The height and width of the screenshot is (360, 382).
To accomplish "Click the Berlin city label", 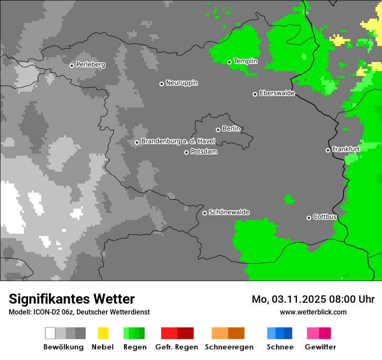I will coord(231,129).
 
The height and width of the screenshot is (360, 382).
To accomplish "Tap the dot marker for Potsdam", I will coord(186,152).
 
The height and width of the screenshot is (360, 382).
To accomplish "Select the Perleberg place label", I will coord(90,65).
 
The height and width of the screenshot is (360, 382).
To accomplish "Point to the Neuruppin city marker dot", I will coord(161,84).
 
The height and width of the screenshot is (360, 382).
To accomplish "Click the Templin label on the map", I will coord(245,61).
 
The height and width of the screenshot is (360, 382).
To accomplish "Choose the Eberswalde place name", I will coord(277,93).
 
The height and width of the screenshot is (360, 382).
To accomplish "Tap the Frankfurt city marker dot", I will coord(328,151).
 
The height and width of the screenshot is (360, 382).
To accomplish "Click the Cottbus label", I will coord(325,217).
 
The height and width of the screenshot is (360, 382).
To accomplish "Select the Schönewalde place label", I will coord(229,213).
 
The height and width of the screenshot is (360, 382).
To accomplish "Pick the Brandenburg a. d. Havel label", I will coord(178,141).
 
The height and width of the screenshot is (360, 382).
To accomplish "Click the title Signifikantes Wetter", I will coord(72,299).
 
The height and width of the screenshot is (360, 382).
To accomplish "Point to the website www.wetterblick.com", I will coord(313,312).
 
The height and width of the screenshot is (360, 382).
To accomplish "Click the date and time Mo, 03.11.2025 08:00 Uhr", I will coord(313,299).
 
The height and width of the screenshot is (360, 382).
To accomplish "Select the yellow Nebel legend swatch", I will coord(103,333).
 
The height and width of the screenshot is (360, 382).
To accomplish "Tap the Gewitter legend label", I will coord(320,347).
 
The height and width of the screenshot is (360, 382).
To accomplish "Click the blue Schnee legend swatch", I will coord(280,333).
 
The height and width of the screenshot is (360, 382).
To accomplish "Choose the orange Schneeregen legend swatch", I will coord(228,333).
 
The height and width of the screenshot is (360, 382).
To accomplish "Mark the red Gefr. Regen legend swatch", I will coord(177,333).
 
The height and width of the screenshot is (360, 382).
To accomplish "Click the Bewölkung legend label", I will coord(63,347).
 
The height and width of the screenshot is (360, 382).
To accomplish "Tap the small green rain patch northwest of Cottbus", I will coord(289,200).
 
